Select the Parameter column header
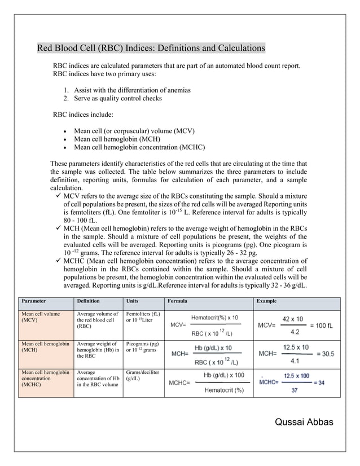coord(34,301)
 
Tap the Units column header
coord(133,301)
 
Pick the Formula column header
coord(178,301)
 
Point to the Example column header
coord(266,301)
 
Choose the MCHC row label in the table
coord(45,378)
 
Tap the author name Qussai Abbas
coord(304,423)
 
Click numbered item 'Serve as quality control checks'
coord(118,99)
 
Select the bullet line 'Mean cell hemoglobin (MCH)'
coord(117,139)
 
